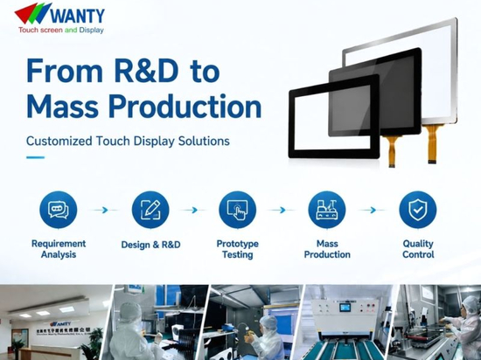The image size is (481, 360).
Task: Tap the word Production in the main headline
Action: click(x=185, y=107)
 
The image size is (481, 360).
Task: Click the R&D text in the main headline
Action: click(x=146, y=71)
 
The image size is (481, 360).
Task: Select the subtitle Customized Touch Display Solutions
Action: click(x=128, y=141)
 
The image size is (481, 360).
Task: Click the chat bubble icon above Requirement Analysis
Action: click(x=59, y=210)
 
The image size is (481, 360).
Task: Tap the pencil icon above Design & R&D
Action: click(x=150, y=210)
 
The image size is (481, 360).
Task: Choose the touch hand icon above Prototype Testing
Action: click(x=237, y=210)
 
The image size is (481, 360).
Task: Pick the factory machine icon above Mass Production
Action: click(x=327, y=210)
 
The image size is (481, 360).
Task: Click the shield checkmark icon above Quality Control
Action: click(x=417, y=210)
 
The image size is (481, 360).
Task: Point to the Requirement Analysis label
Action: click(x=59, y=249)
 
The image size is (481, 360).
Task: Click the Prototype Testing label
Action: click(x=237, y=249)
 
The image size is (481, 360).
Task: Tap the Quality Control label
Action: click(x=418, y=249)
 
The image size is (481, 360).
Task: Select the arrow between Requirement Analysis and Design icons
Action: click(x=104, y=211)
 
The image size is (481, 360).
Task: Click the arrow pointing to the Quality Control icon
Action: click(x=372, y=211)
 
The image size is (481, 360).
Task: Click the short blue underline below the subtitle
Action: click(x=35, y=157)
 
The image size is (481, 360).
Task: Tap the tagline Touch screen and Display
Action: click(x=61, y=30)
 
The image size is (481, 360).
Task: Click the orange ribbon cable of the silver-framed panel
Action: click(x=432, y=143)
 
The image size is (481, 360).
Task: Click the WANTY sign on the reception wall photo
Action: click(x=60, y=323)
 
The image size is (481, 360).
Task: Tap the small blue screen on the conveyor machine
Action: click(x=345, y=308)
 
